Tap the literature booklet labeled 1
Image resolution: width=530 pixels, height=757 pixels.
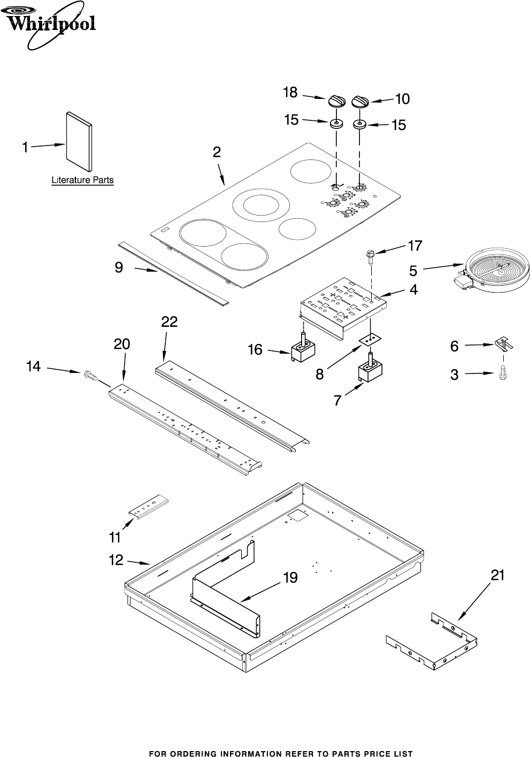[79, 142]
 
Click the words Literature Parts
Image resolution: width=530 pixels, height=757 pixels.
[82, 180]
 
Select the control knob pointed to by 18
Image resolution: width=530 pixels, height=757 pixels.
[336, 101]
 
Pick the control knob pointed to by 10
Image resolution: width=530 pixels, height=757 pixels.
[361, 102]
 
